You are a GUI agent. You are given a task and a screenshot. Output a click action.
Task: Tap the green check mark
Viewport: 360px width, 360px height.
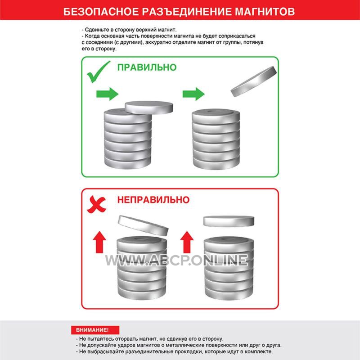[98, 72]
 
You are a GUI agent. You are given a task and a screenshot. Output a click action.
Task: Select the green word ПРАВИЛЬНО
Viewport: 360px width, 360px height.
[147, 67]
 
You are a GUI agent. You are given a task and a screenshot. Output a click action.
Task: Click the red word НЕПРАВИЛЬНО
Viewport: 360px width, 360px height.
[153, 200]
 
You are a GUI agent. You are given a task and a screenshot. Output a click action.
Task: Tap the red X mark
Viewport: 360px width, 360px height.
[96, 204]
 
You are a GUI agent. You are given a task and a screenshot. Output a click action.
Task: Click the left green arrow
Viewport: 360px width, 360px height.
[108, 94]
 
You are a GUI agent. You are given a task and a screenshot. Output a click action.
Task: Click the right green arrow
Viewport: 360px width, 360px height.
[193, 94]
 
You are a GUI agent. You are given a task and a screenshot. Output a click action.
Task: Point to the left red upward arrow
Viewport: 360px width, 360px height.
[99, 242]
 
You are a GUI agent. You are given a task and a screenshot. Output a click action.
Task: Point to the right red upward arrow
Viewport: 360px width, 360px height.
[187, 242]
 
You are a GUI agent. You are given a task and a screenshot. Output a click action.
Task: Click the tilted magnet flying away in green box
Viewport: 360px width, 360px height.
[254, 81]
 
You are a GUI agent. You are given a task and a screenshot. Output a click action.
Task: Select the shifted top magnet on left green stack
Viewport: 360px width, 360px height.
[149, 108]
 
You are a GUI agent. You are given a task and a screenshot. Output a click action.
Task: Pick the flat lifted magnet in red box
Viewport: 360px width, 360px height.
[229, 221]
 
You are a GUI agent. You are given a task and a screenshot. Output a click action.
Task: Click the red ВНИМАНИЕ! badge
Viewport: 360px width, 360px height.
[95, 330]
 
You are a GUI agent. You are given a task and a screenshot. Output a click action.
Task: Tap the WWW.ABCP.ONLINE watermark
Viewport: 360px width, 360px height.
[176, 260]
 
